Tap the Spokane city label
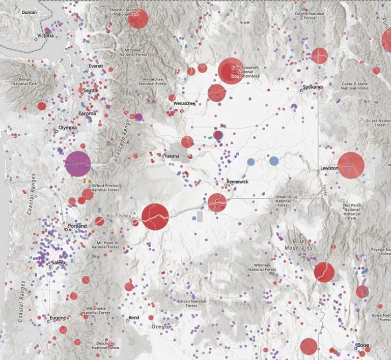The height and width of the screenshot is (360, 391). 313,87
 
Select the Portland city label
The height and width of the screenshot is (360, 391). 77,226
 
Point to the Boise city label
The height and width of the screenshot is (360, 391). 363,345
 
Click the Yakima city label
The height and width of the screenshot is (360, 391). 172,156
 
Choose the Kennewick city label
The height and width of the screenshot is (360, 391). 237,181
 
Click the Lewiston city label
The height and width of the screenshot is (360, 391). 328,167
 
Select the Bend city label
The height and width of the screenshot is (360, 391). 134,318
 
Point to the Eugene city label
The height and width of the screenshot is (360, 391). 58,318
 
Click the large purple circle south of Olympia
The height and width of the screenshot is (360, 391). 78,164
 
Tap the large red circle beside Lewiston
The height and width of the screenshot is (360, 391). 351,165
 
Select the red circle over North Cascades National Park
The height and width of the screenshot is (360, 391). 138,19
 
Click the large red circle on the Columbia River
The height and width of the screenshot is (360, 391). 155,217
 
